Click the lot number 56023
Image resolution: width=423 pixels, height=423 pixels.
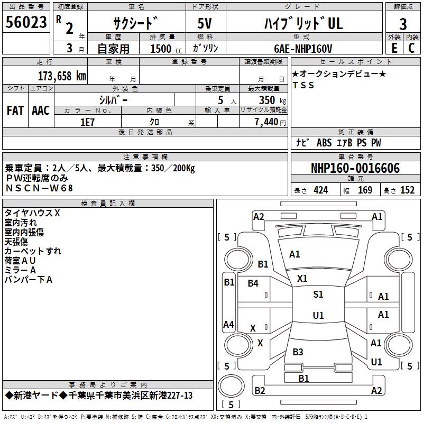tap(26, 22)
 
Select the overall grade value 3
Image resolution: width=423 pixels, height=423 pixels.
tap(403, 24)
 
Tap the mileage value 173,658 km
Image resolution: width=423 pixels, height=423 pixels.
tap(62, 76)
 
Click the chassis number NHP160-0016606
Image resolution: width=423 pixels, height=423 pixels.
tap(355, 168)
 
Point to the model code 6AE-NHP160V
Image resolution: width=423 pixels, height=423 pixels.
tap(303, 49)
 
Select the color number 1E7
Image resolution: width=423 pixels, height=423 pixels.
tap(87, 122)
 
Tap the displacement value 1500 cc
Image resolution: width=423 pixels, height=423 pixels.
tap(166, 49)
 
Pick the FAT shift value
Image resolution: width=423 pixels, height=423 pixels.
tap(15, 111)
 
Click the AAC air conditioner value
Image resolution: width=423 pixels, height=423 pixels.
tap(41, 111)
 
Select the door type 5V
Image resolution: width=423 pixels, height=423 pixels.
tap(205, 23)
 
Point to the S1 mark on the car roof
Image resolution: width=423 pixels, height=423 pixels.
tap(318, 294)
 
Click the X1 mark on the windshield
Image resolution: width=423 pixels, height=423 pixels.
tap(302, 279)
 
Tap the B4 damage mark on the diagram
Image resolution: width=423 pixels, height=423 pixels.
tap(253, 283)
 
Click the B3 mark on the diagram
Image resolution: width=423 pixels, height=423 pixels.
tap(298, 352)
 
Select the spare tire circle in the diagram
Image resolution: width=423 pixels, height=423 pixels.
tap(231, 386)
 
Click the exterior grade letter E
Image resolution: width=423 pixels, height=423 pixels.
tap(394, 48)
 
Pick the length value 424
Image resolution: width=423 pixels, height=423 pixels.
tap(321, 190)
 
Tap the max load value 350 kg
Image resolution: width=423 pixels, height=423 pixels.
tap(272, 100)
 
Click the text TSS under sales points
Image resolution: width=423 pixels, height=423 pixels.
tap(303, 85)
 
